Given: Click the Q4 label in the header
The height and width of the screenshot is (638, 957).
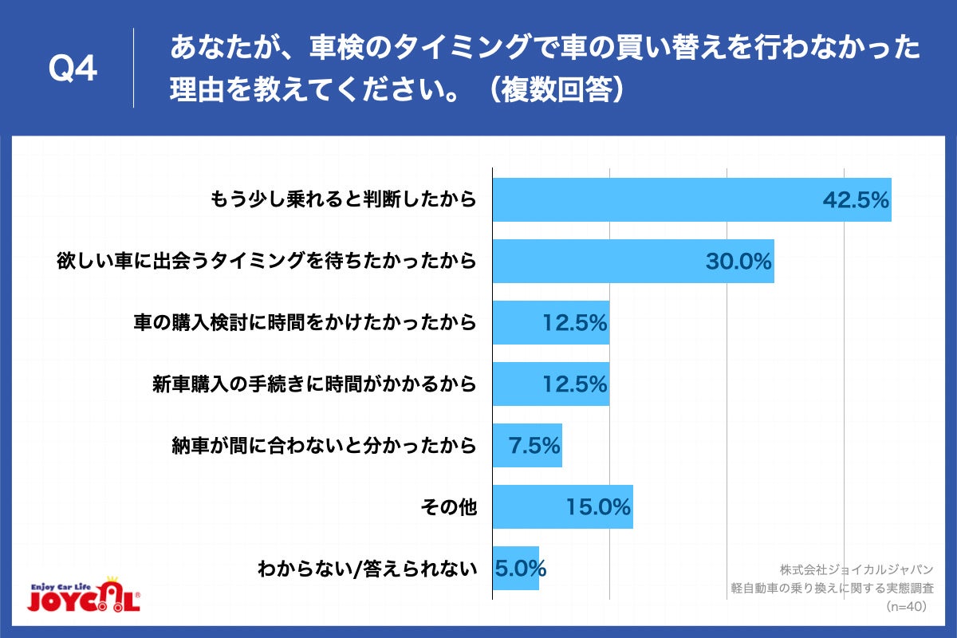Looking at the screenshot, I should click(x=73, y=69).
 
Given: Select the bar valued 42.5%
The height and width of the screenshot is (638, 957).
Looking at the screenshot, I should click(x=691, y=199).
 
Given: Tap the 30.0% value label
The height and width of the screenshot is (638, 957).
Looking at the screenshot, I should click(x=738, y=261).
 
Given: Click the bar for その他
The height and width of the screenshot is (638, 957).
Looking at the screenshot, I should click(x=562, y=506).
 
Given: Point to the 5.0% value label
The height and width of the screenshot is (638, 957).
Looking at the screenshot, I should click(x=520, y=569).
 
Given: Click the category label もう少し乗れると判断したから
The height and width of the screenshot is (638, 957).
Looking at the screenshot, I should click(x=343, y=199).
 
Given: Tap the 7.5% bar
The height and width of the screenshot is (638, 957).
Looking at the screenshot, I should click(x=526, y=445).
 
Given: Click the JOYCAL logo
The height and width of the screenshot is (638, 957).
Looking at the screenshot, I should click(x=84, y=594).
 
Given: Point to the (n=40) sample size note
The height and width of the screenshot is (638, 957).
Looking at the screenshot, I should click(x=905, y=607).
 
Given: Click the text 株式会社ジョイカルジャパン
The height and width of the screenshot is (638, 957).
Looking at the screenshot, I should click(x=857, y=569).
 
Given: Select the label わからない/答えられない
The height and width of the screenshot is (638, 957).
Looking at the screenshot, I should click(x=367, y=569).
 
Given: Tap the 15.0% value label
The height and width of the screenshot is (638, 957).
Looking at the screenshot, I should click(x=599, y=506).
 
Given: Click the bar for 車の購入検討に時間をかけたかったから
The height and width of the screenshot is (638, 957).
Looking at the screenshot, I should click(x=550, y=322).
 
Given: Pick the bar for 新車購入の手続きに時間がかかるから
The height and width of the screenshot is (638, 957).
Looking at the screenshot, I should click(x=550, y=384).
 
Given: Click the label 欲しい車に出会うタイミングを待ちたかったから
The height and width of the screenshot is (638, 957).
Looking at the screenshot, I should click(x=266, y=261).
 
